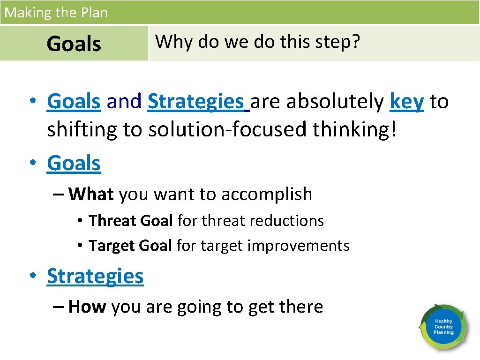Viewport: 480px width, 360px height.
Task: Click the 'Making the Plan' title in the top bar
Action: pyautogui.click(x=56, y=12)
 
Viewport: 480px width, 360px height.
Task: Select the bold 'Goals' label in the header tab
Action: pyautogui.click(x=74, y=44)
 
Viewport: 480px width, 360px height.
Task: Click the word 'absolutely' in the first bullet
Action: pyautogui.click(x=335, y=101)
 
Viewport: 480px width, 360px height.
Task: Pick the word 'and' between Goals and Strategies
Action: pyautogui.click(x=124, y=101)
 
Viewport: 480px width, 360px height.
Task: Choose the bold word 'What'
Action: pyautogui.click(x=91, y=194)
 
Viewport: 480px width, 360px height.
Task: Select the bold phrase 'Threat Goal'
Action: pyautogui.click(x=131, y=220)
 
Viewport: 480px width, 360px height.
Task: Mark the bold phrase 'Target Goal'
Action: pyautogui.click(x=130, y=245)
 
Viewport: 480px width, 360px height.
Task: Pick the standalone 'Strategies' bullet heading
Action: pyautogui.click(x=95, y=276)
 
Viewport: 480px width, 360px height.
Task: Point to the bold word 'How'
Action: pyautogui.click(x=87, y=307)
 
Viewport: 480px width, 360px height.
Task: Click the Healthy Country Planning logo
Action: pyautogui.click(x=443, y=327)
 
